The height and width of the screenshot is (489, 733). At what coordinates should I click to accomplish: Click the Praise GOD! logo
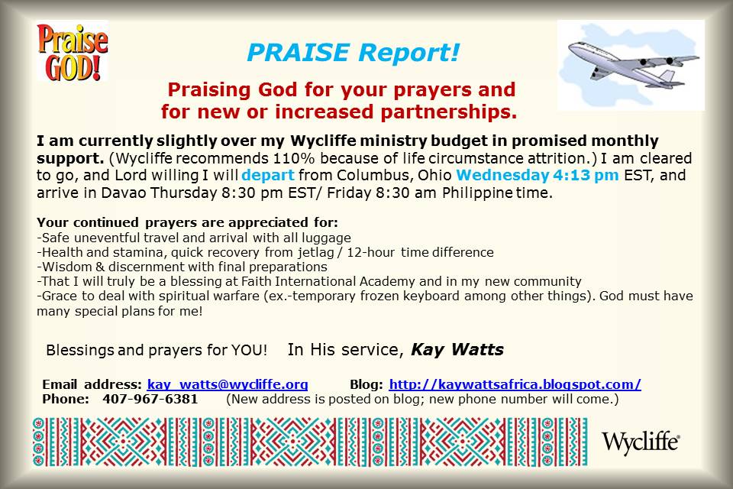point(73,51)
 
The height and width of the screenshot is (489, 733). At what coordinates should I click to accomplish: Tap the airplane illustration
point(631,65)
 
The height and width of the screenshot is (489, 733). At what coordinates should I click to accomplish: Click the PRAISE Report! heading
point(354,53)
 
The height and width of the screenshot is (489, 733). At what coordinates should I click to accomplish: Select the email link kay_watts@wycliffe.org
point(228,384)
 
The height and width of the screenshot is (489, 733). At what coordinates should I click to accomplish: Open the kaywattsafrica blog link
point(515,384)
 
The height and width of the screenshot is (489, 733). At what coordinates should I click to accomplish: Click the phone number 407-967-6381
point(157,399)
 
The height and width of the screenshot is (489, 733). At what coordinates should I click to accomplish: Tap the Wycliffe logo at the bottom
point(641,441)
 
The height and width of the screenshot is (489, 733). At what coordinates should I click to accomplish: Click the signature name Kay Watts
point(457,350)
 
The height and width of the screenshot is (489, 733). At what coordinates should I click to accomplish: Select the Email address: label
point(92,384)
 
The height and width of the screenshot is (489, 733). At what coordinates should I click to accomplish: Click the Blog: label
point(366,384)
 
